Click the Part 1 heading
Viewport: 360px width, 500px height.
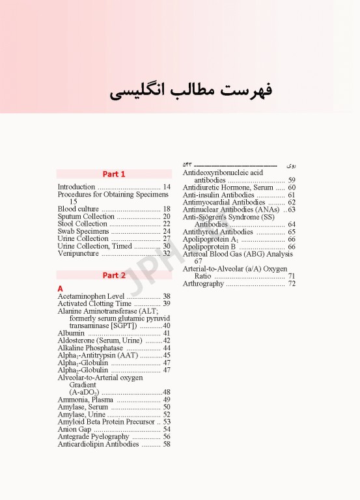[x=114, y=174]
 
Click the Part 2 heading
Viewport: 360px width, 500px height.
[x=114, y=275]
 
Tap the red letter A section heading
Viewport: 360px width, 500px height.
[x=61, y=288]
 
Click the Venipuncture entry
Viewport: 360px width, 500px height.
[x=77, y=253]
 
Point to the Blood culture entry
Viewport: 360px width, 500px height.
[x=78, y=209]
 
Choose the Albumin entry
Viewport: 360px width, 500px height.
[x=71, y=333]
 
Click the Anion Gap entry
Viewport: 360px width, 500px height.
[x=74, y=429]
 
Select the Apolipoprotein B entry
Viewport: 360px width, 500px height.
[x=209, y=247]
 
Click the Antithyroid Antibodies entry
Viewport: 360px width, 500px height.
[x=217, y=232]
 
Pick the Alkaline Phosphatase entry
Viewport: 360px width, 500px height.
[x=90, y=348]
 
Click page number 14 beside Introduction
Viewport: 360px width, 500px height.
[x=167, y=187]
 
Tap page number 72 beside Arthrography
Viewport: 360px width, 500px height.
[x=292, y=284]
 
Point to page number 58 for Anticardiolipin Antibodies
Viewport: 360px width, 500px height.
[x=167, y=444]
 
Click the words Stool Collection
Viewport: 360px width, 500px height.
[x=82, y=224]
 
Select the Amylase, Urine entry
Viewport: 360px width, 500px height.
[x=81, y=414]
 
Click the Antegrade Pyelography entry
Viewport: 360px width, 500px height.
[x=93, y=436]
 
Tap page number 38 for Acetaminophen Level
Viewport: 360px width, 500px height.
[x=167, y=296]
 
